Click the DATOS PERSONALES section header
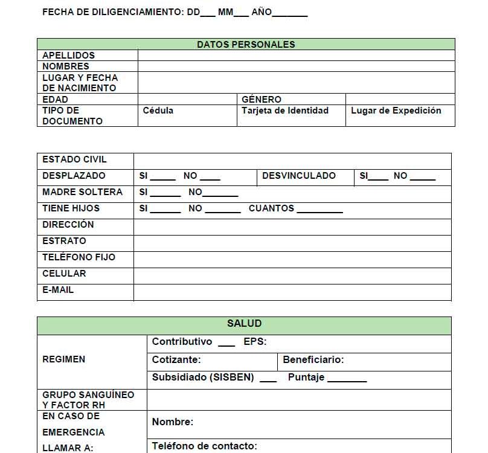pos(246,44)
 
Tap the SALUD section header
pos(244,324)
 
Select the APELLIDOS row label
pos(68,55)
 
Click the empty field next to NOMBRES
pos(296,66)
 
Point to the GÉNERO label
pos(262,99)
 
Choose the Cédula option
pos(158,111)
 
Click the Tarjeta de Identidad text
pos(285,111)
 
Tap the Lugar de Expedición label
pos(396,111)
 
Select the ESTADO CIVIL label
pos(74,159)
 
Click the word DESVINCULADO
pos(299,176)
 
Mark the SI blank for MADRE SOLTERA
pos(165,194)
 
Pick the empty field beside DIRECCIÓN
pos(292,226)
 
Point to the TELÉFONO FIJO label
pos(79,257)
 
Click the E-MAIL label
pos(58,290)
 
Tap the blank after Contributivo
pos(226,344)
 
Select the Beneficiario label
pos(313,360)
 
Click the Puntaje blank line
pos(347,380)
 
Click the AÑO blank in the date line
pos(290,14)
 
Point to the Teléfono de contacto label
pos(204,446)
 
